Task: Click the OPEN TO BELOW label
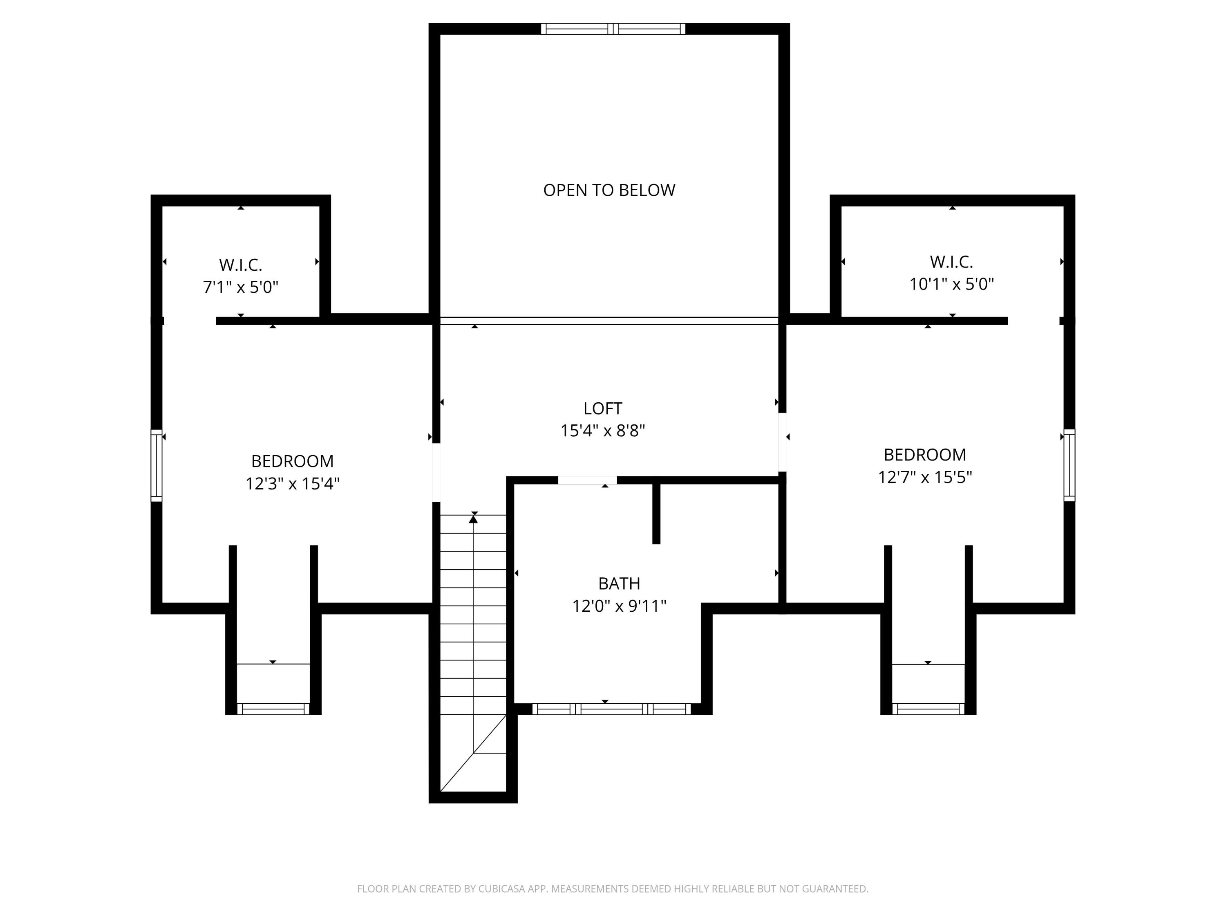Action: (609, 190)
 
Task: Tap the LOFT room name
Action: (602, 409)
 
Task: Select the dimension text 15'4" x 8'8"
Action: (602, 431)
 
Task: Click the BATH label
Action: (619, 583)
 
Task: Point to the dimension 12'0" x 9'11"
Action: (619, 606)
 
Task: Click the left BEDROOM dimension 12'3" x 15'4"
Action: (292, 484)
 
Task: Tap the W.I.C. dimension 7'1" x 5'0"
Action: (241, 287)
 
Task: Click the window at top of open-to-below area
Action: (613, 29)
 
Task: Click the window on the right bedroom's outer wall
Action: (1069, 466)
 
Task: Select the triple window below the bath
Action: (611, 709)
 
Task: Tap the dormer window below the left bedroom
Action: (273, 709)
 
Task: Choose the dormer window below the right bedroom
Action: (928, 709)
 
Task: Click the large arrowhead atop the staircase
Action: (473, 519)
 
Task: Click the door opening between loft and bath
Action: (587, 480)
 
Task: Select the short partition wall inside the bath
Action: (656, 513)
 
